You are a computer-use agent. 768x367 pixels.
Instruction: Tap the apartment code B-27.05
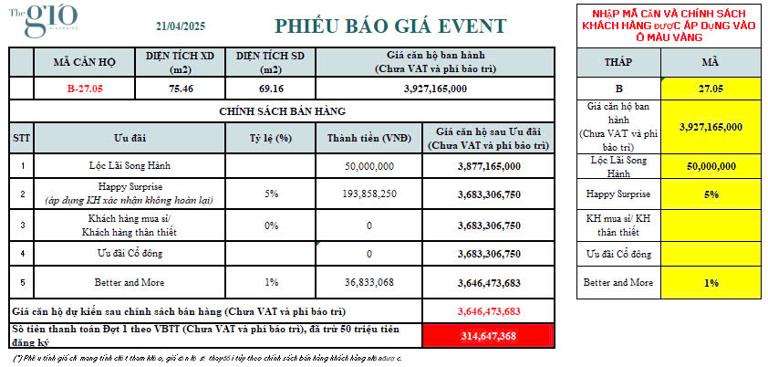click(x=85, y=89)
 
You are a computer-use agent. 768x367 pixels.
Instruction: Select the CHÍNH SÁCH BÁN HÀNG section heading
click(x=282, y=110)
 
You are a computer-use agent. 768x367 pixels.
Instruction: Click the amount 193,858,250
click(x=369, y=194)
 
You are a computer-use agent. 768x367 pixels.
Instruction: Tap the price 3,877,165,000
click(x=489, y=167)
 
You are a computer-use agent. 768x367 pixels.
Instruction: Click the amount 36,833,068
click(x=369, y=282)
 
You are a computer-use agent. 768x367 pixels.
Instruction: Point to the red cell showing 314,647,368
click(x=489, y=336)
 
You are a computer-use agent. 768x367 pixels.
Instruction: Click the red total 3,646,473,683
click(x=489, y=310)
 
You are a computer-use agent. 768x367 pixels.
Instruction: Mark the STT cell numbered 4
click(x=21, y=253)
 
